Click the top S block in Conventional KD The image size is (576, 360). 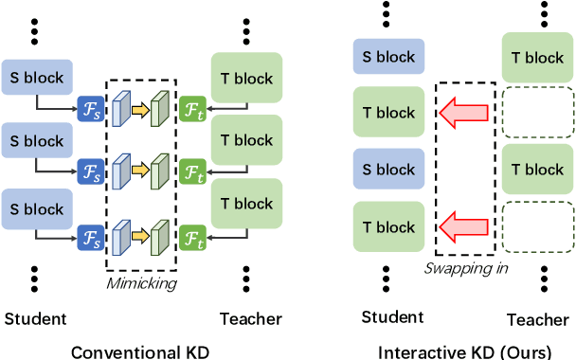tap(35, 75)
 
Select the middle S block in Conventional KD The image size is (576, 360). tap(35, 140)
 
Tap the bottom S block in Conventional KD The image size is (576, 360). tap(35, 207)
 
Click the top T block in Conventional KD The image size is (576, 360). tap(245, 75)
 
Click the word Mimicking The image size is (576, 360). tap(141, 282)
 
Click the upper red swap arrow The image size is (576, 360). tap(464, 114)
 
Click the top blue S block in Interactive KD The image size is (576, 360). tap(388, 57)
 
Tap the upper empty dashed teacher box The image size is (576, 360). tap(538, 114)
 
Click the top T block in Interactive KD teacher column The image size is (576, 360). tap(538, 57)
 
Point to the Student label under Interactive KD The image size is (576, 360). tap(391, 316)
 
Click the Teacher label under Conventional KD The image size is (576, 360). tap(246, 318)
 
